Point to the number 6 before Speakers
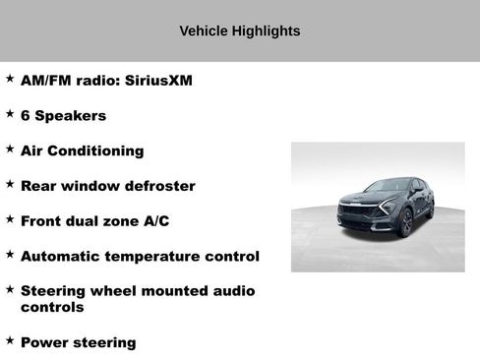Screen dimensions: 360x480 (x=26, y=116)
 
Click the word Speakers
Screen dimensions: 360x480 (x=71, y=116)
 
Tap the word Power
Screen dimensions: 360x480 (x=44, y=343)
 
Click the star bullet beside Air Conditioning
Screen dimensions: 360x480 (x=10, y=149)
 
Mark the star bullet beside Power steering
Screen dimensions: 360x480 (x=10, y=340)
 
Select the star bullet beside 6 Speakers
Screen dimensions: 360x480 (x=10, y=113)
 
